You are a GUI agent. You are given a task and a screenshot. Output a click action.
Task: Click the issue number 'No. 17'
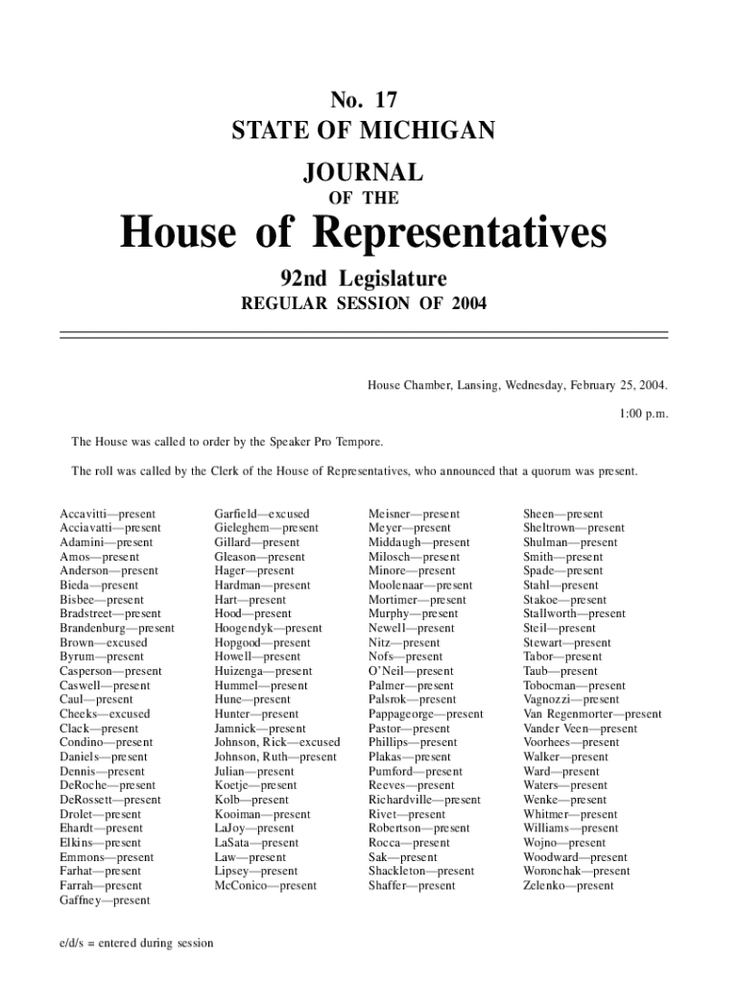pyautogui.click(x=363, y=100)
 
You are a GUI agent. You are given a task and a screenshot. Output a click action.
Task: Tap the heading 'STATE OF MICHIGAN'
pyautogui.click(x=363, y=130)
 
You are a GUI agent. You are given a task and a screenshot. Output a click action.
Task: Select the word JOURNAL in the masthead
pyautogui.click(x=363, y=173)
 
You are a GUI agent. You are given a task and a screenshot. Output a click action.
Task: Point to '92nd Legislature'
pyautogui.click(x=363, y=279)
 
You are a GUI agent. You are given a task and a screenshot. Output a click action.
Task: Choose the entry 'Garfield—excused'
pyautogui.click(x=262, y=515)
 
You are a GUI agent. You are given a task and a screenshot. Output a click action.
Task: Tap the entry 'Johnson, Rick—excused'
pyautogui.click(x=277, y=742)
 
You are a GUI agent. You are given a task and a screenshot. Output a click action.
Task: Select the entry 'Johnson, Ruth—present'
pyautogui.click(x=275, y=756)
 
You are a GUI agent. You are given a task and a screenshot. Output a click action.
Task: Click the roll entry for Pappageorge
pyautogui.click(x=426, y=714)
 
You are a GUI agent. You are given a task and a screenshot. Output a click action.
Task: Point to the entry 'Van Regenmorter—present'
pyautogui.click(x=592, y=714)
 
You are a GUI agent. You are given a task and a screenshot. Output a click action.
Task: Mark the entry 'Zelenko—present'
pyautogui.click(x=568, y=886)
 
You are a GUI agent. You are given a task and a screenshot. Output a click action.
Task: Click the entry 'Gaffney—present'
pyautogui.click(x=105, y=900)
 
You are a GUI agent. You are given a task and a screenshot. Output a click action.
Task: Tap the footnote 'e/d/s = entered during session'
pyautogui.click(x=133, y=943)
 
